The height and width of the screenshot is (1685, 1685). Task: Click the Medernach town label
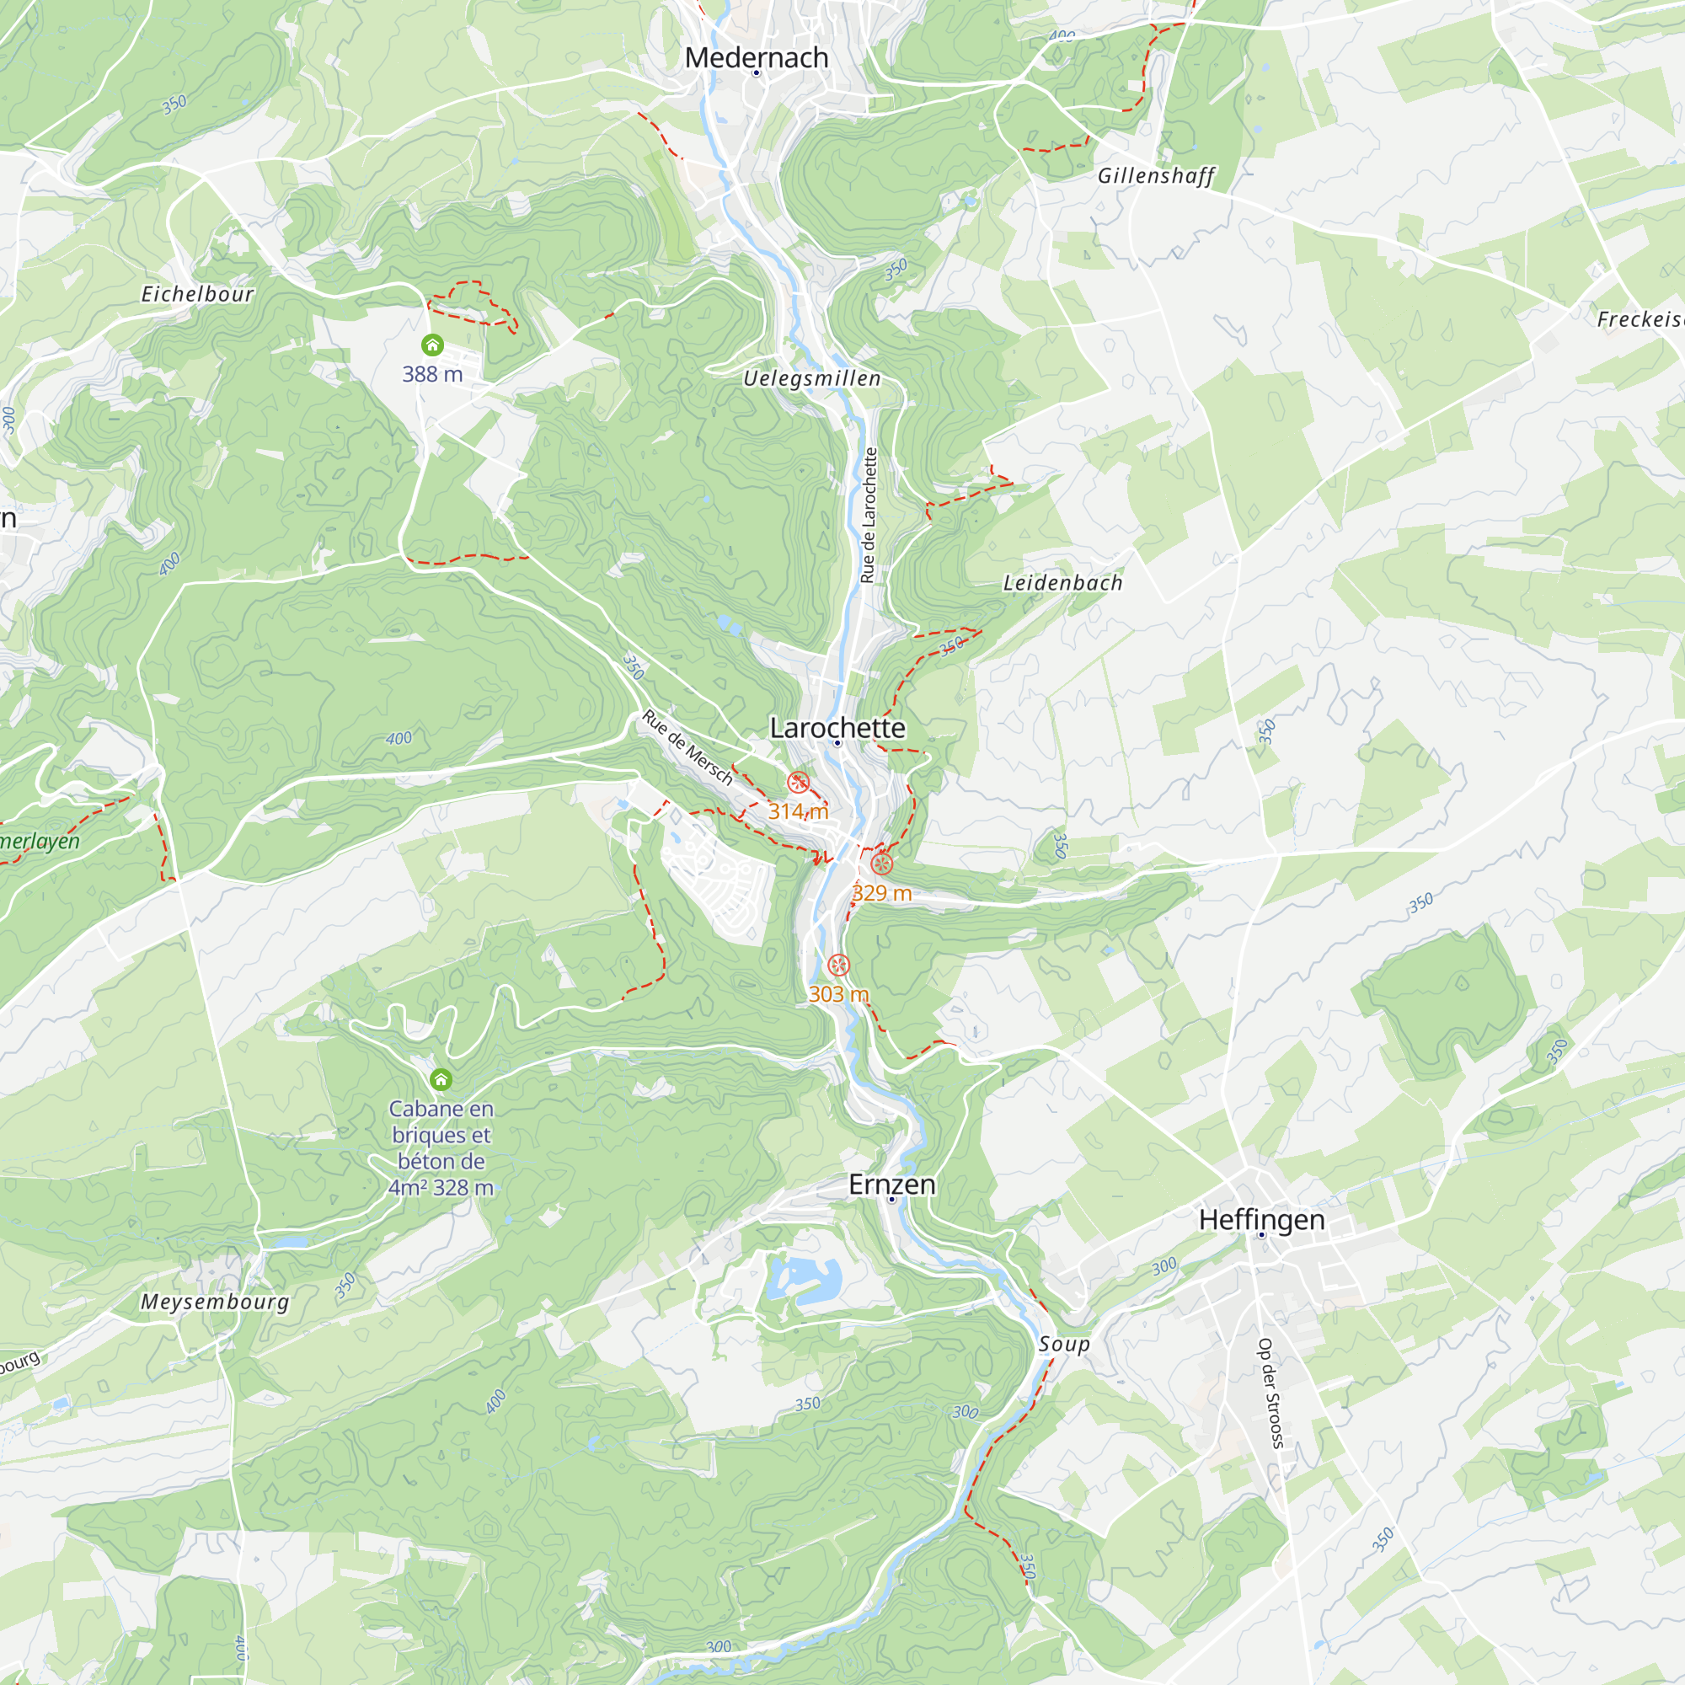pos(757,57)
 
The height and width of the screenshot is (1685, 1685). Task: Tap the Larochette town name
pos(837,727)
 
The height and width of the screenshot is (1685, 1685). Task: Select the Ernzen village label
pos(891,1185)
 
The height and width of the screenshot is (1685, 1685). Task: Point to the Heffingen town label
pos(1261,1219)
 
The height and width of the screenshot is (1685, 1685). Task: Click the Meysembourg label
pos(215,1303)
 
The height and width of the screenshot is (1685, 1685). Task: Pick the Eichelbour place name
pos(198,294)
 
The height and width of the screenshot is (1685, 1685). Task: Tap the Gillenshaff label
pos(1156,176)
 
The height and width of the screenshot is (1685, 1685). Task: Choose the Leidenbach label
pos(1062,583)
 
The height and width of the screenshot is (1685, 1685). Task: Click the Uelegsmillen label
pos(812,378)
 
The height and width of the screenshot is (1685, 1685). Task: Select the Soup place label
pos(1064,1344)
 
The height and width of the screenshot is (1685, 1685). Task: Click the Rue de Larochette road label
pos(868,516)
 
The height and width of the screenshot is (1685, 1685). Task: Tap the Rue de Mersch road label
pos(687,747)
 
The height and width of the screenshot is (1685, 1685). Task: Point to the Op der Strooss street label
pos(1270,1393)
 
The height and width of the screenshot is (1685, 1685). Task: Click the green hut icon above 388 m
pos(432,345)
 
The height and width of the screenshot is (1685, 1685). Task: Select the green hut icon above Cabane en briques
pos(441,1080)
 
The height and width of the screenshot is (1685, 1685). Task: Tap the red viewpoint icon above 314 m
pos(798,783)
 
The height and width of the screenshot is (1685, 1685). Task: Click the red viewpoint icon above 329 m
pos(882,864)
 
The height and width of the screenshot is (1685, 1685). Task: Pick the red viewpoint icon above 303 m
pos(838,966)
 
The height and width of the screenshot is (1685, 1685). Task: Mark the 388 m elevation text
pos(432,374)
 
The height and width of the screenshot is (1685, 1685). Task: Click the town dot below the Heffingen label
pos(1261,1235)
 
